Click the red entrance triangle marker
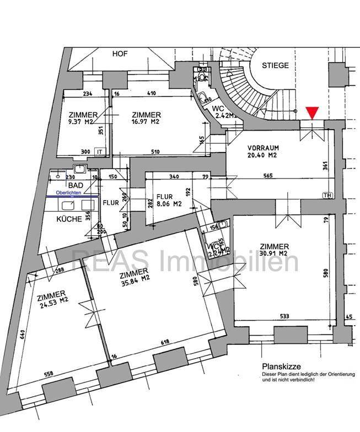(313, 112)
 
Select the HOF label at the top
(120, 54)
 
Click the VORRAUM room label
(263, 148)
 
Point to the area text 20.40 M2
(263, 156)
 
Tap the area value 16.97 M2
(146, 121)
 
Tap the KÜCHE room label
(69, 219)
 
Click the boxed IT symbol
(100, 151)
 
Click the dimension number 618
(165, 343)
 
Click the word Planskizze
(280, 366)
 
